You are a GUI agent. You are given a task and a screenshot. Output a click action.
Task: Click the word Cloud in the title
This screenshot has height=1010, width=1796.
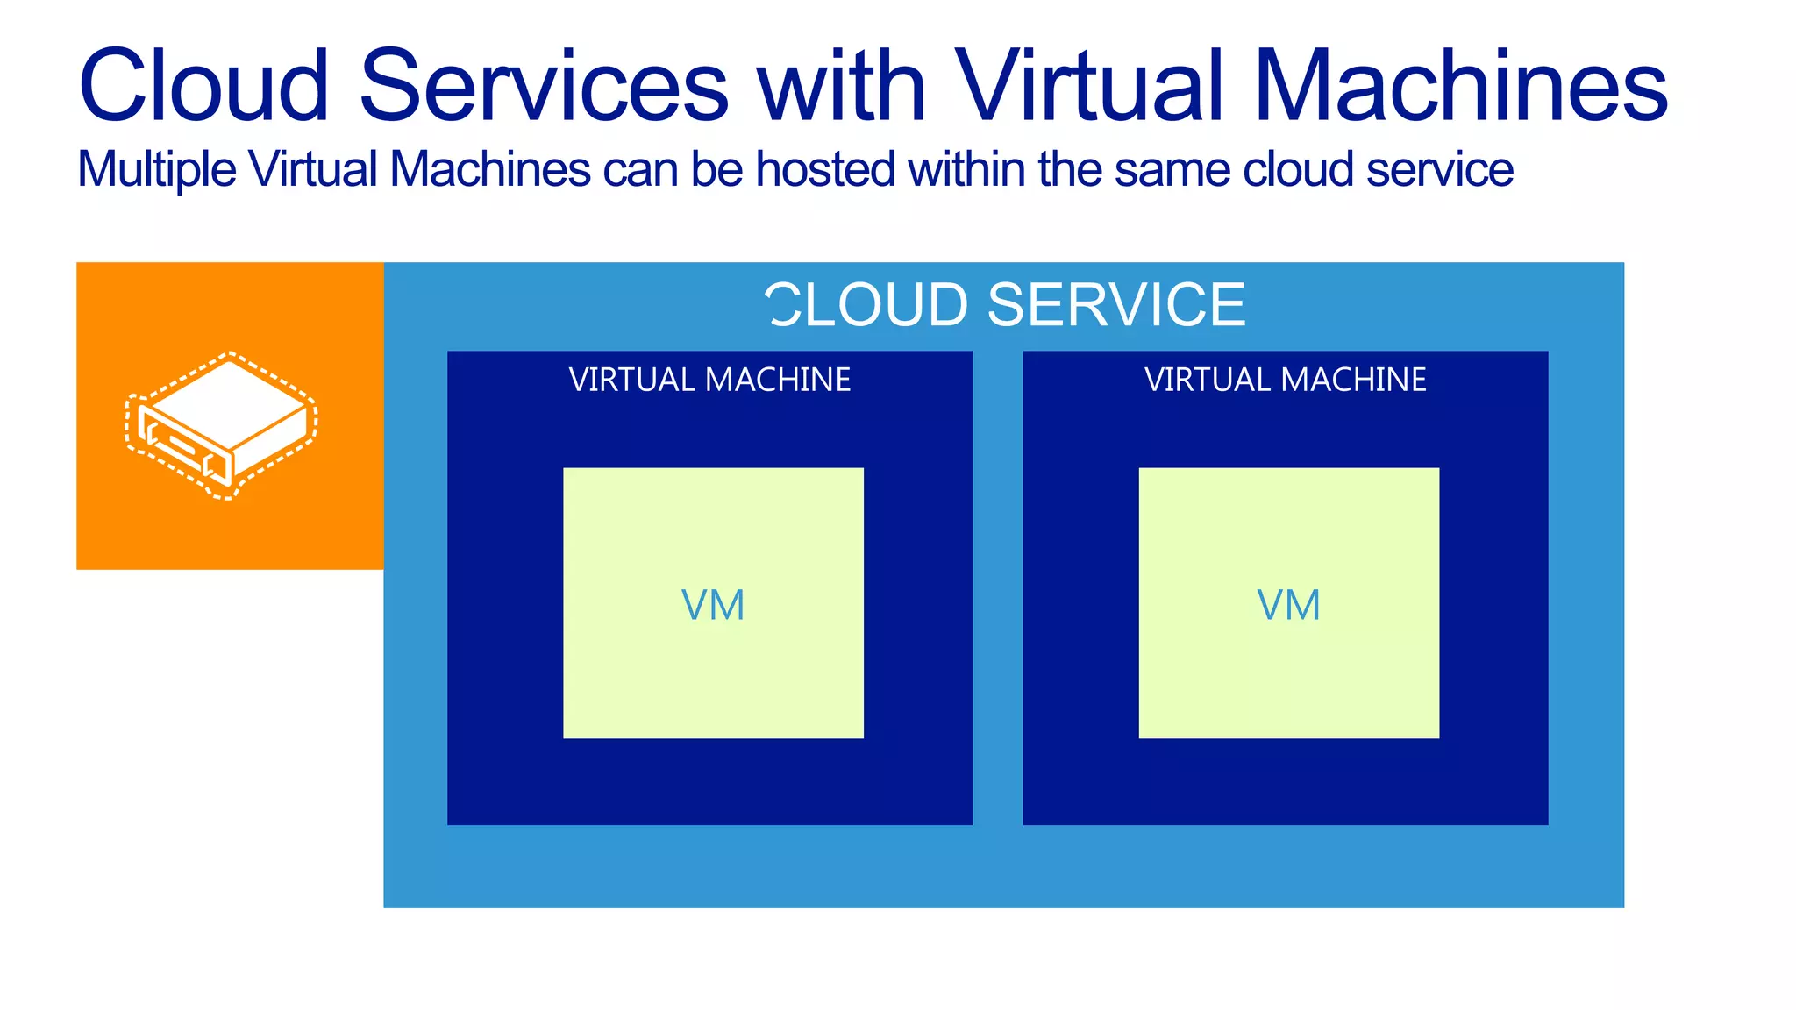click(203, 85)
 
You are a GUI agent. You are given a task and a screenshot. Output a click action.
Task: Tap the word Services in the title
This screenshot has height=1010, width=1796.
click(544, 85)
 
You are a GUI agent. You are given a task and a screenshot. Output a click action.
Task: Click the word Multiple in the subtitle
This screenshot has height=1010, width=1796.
click(156, 169)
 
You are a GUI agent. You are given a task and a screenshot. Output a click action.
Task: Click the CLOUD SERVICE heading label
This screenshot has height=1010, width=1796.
click(1005, 305)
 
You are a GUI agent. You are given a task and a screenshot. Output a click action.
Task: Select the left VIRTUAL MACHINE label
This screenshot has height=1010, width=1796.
click(709, 380)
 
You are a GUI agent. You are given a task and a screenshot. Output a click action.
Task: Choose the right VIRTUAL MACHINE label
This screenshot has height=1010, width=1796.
click(1285, 380)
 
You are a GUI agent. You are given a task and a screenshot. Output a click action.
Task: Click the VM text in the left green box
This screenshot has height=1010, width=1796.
click(713, 605)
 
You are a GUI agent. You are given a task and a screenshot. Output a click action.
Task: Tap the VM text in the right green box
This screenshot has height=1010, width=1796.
click(1288, 605)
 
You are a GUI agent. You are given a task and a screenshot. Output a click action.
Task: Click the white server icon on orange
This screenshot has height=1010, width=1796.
click(223, 425)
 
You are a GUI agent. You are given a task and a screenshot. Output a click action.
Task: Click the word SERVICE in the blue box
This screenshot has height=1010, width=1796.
click(1115, 305)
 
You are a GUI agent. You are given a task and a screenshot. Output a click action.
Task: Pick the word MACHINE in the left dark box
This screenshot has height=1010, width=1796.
click(778, 380)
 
